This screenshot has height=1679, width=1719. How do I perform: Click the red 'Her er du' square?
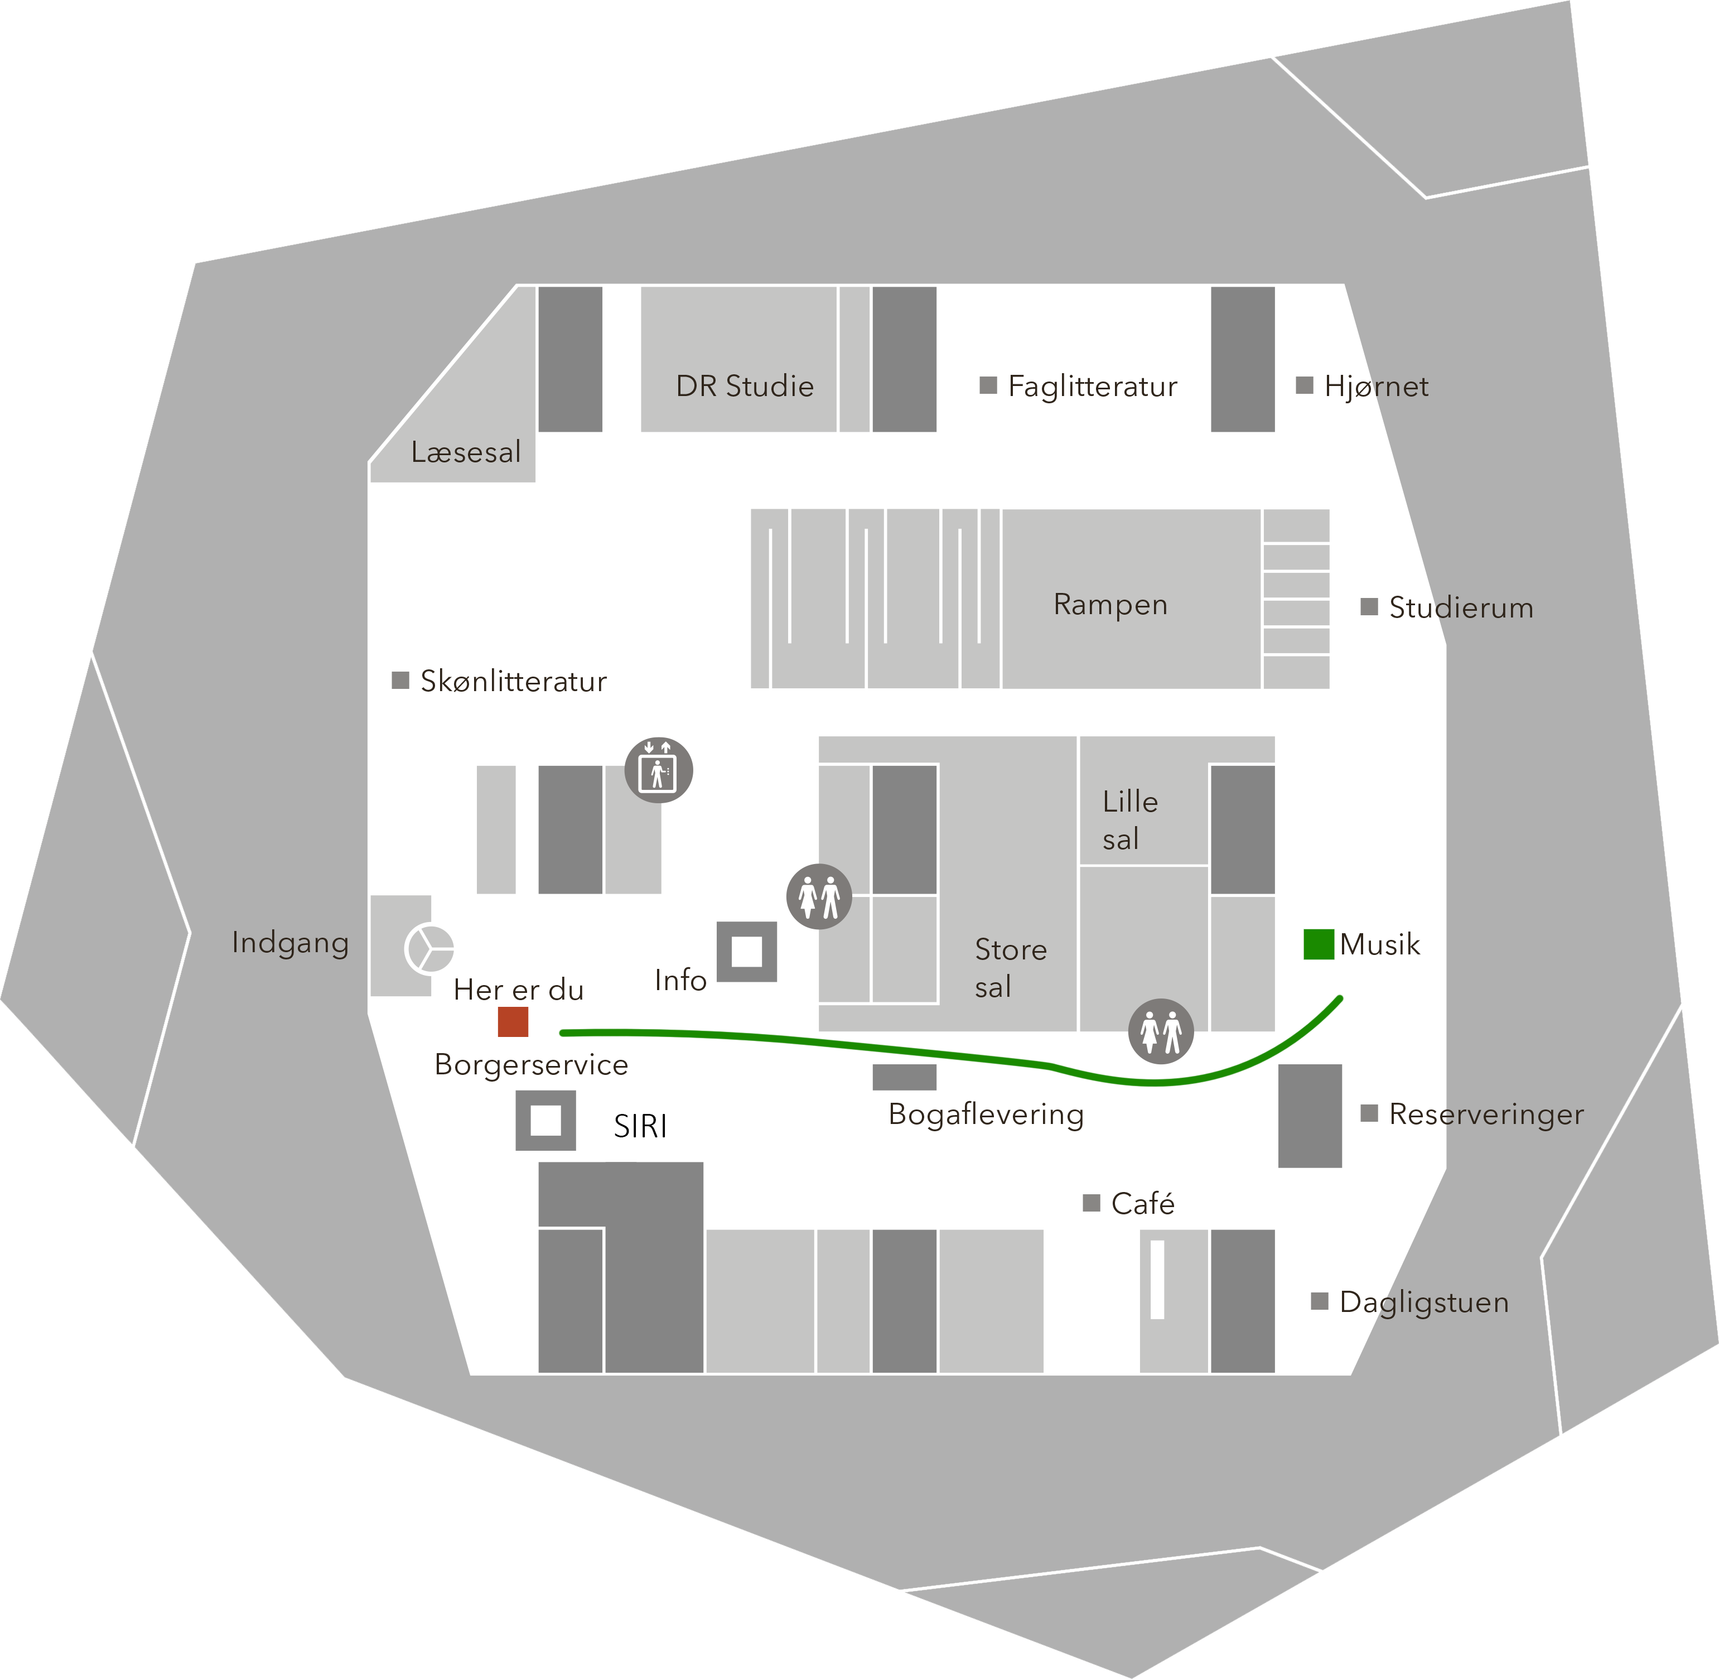tap(513, 1021)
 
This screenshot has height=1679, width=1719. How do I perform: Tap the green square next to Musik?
tap(1318, 944)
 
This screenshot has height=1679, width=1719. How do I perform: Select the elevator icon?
tap(659, 770)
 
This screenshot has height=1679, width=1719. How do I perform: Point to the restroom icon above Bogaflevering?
tap(1161, 1031)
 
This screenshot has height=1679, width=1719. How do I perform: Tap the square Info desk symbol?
tap(747, 952)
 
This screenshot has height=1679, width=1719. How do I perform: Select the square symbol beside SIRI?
tap(545, 1120)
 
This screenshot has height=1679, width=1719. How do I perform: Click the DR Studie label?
tap(745, 386)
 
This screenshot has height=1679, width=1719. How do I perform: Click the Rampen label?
tap(1110, 605)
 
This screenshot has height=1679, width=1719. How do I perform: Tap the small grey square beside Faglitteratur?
tap(988, 385)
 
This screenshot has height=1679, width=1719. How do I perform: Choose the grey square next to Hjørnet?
tap(1305, 385)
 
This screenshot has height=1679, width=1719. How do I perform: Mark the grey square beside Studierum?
tap(1369, 607)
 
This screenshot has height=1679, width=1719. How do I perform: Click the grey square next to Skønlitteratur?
tap(400, 680)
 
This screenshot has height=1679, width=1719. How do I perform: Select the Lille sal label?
tap(1129, 819)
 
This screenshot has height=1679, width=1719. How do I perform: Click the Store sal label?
tap(1010, 967)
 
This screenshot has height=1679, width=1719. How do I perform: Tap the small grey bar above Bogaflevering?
tap(905, 1077)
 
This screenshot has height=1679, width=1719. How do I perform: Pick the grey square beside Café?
tap(1092, 1203)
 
